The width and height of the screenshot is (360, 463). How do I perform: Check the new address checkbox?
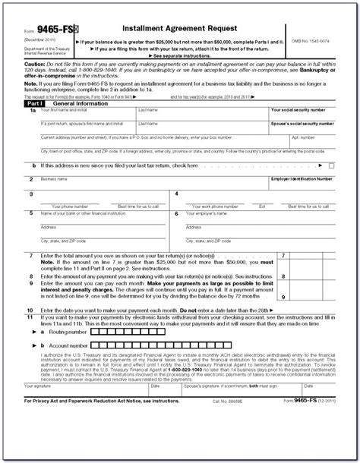pos(331,165)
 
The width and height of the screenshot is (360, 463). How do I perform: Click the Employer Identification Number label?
pos(302,178)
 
